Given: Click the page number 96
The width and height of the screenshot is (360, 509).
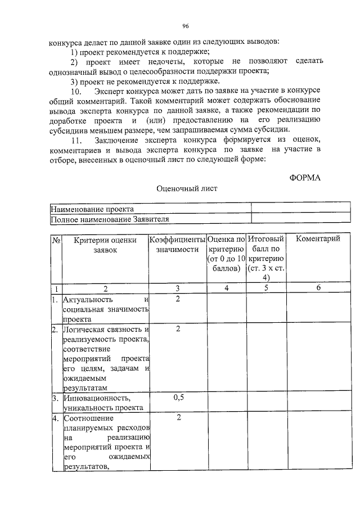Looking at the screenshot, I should [185, 26].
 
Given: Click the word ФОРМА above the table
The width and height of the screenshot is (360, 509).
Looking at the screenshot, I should [304, 178].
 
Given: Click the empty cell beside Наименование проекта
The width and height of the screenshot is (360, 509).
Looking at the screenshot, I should [285, 209].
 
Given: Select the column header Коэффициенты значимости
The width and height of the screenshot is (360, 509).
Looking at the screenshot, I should [177, 245].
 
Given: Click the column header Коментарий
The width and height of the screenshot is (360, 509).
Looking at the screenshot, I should [318, 239].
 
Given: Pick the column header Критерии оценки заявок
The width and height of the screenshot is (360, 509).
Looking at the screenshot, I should [105, 245].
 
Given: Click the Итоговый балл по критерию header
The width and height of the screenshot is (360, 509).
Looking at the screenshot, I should [267, 258].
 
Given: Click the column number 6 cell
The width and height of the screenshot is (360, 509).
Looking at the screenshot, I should [318, 288].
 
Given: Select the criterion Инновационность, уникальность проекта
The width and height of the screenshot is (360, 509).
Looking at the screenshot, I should [103, 403].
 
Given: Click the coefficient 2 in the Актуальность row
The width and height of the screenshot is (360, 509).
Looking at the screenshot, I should [178, 299].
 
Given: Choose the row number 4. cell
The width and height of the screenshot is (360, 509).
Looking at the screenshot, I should [56, 418].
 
